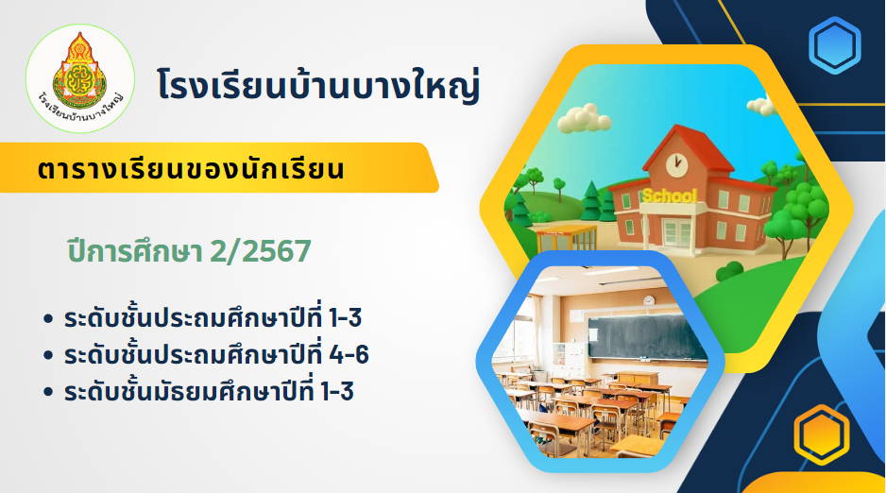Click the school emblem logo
(79, 78)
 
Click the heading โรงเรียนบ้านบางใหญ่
(318, 85)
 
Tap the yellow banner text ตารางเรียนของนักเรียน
(191, 169)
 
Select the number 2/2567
(261, 251)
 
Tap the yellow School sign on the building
(670, 195)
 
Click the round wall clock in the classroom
(649, 301)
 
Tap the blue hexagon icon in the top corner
(834, 45)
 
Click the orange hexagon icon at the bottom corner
(821, 434)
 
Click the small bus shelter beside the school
(566, 238)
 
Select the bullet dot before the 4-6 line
(48, 355)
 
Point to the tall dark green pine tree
(591, 200)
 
